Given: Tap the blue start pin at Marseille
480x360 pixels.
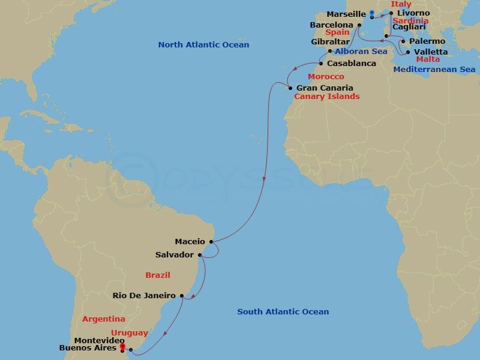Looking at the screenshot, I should [x=372, y=13].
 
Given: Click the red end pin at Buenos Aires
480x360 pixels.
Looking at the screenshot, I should [x=122, y=346].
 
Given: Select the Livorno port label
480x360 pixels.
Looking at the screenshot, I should [x=413, y=13].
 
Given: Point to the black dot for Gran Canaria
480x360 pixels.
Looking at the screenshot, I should [x=290, y=88].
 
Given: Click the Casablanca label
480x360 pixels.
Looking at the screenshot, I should [x=352, y=63].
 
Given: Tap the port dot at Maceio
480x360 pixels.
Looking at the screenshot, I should [x=211, y=242].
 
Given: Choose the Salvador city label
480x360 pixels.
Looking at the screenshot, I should [x=175, y=254].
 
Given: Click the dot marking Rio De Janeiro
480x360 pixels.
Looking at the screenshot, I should [x=182, y=295].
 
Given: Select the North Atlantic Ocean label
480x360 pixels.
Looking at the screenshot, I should [x=203, y=45].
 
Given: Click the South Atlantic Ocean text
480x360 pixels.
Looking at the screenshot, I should [x=283, y=311].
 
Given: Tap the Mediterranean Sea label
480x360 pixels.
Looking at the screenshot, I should [x=434, y=70].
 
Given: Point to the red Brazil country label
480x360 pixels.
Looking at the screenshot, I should [x=158, y=275].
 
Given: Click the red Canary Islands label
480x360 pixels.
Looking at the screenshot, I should [x=327, y=97].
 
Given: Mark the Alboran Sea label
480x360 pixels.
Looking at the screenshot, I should [x=361, y=52].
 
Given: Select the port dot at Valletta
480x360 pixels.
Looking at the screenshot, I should [x=409, y=52].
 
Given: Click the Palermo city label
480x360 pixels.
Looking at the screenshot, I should [x=428, y=41].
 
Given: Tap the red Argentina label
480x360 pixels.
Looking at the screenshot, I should [x=104, y=319].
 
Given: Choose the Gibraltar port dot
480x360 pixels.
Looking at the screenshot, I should [x=330, y=52].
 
